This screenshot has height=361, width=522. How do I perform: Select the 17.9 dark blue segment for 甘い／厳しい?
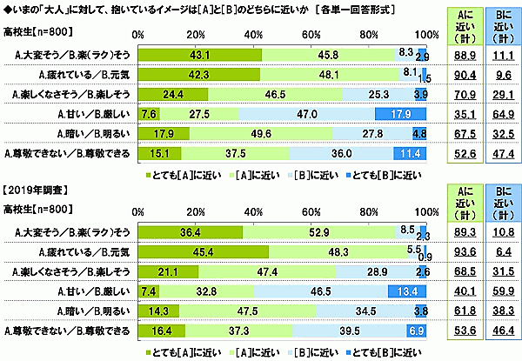[x=400, y=114]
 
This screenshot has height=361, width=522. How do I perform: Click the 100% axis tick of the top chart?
[x=425, y=34]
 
